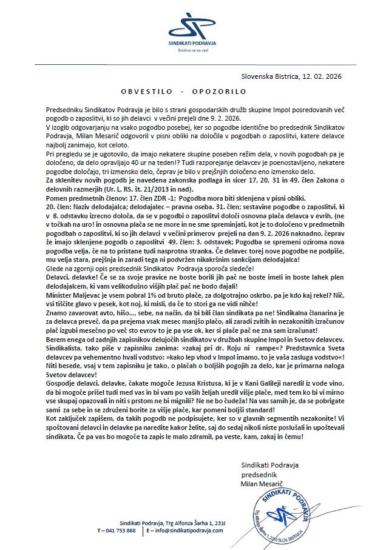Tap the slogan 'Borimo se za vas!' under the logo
click(x=192, y=50)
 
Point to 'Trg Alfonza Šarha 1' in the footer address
click(x=185, y=523)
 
